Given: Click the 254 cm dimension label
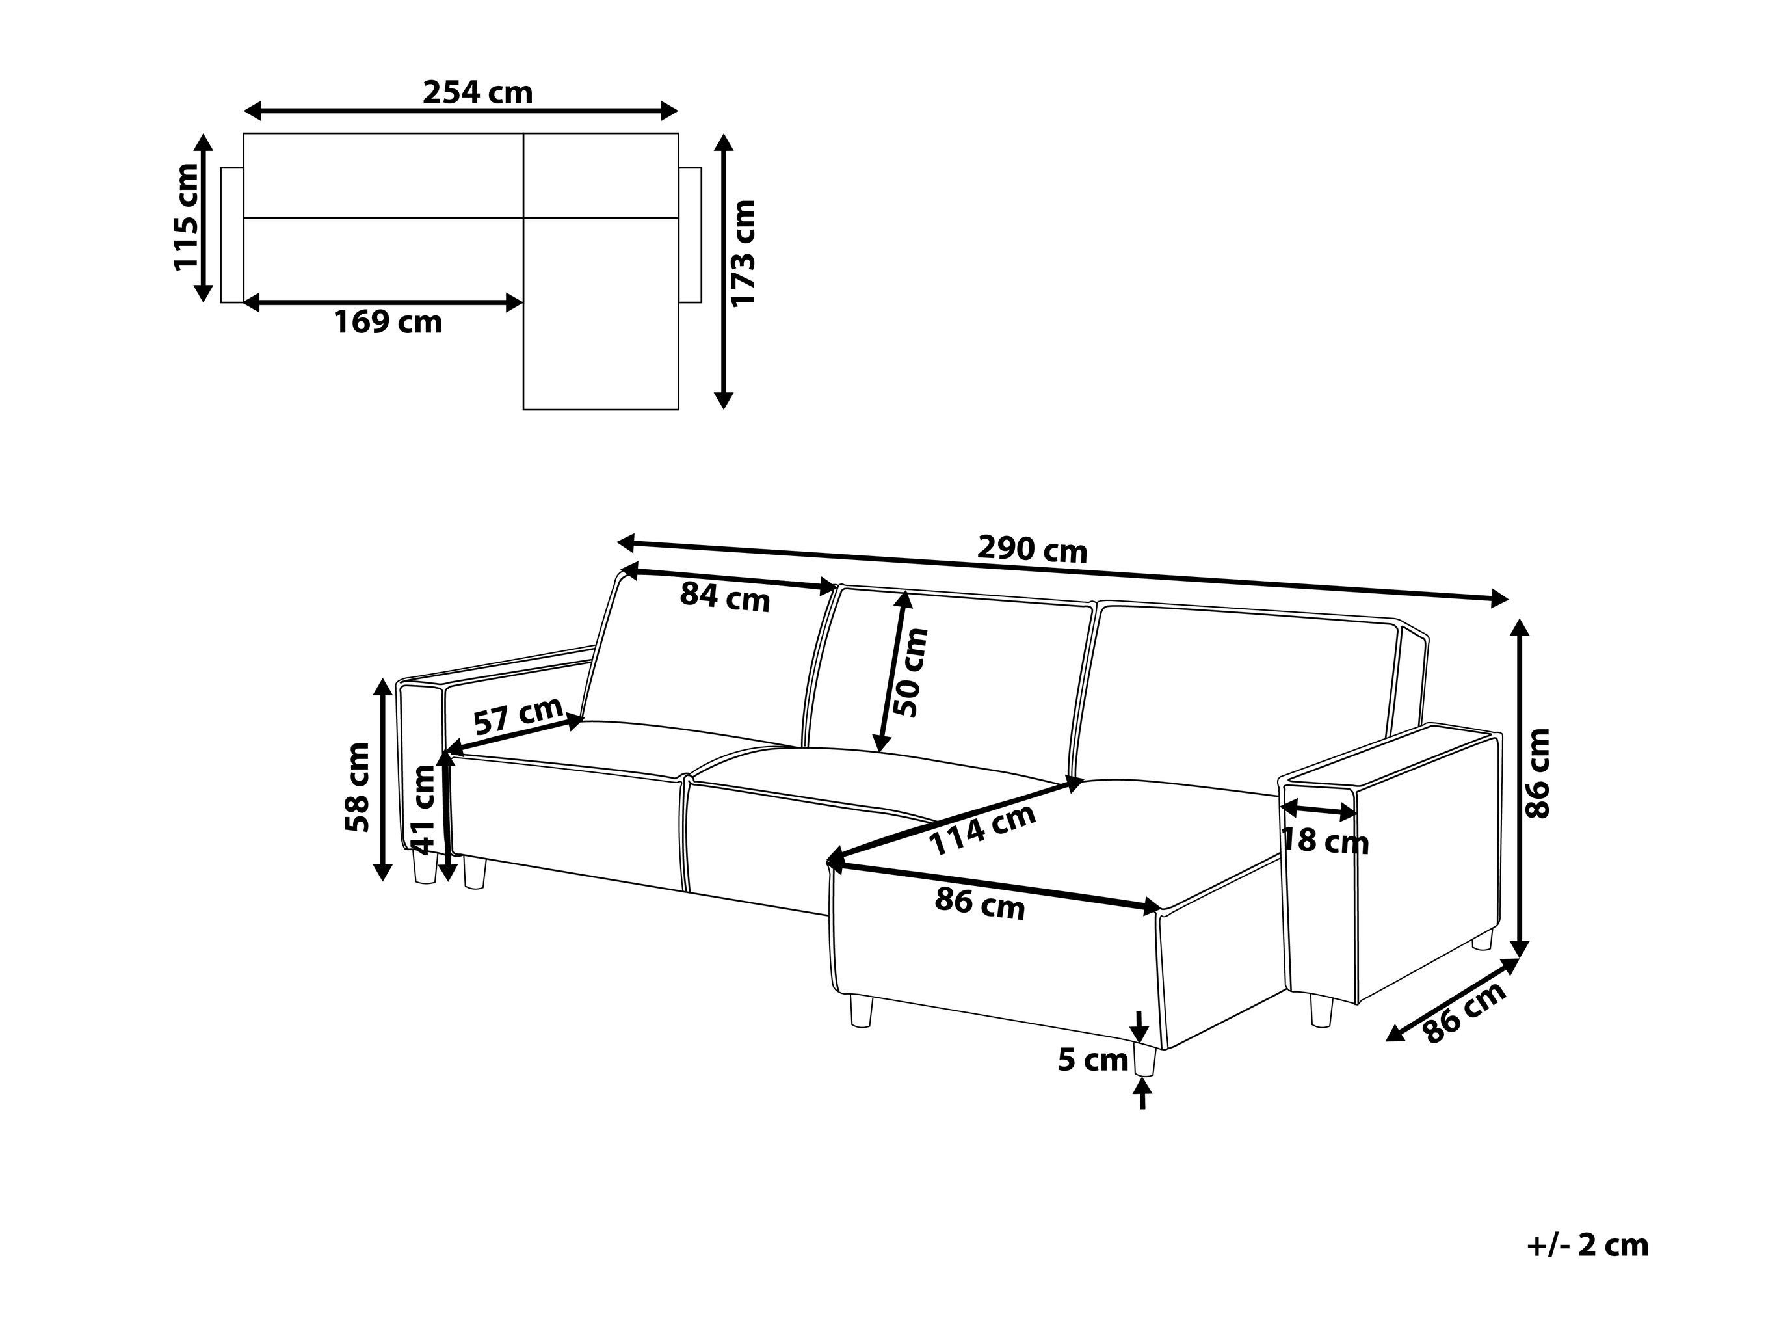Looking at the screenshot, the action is [x=477, y=92].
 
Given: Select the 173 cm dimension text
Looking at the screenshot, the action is [x=743, y=253].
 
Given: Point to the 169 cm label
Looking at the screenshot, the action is [x=388, y=322].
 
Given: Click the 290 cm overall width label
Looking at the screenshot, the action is [x=1033, y=550].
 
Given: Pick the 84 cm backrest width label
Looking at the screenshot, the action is [x=725, y=596].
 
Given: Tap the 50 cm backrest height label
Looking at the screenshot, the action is [x=911, y=673].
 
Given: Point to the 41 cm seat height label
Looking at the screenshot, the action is [x=423, y=809].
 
